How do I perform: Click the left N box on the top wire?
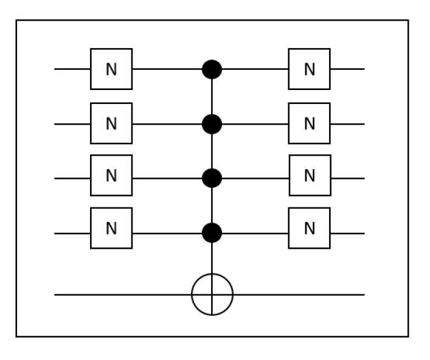[x=111, y=69]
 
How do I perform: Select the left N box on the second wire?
[x=111, y=124]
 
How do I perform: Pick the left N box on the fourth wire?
[x=111, y=228]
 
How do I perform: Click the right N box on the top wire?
[x=310, y=69]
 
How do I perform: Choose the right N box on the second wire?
[x=310, y=123]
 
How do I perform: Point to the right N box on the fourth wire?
[x=310, y=228]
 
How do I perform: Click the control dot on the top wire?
[x=212, y=69]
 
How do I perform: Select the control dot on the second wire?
[x=212, y=124]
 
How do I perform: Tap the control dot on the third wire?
[x=212, y=178]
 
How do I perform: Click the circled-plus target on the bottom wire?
[x=212, y=295]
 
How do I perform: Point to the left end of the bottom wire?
[x=56, y=295]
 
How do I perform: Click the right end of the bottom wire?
[x=363, y=295]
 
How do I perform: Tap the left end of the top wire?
[x=56, y=69]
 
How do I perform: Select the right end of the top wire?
[x=363, y=69]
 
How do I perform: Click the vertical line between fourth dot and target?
[x=212, y=258]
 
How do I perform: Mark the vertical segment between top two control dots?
[x=212, y=97]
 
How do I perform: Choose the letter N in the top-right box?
[x=310, y=69]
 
